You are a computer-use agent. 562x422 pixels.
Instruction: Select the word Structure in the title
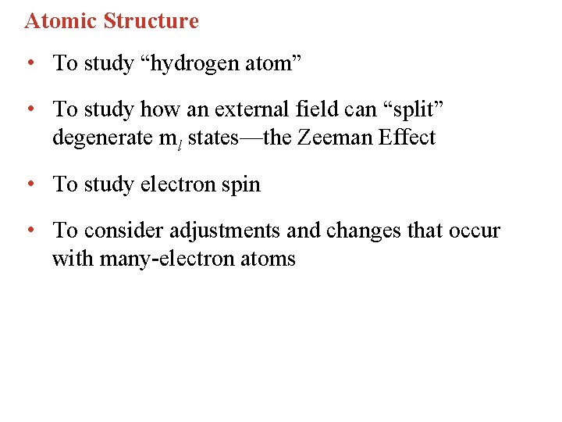(x=151, y=21)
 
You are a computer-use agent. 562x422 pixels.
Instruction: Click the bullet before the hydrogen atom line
(x=29, y=63)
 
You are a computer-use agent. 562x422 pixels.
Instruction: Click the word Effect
(x=406, y=138)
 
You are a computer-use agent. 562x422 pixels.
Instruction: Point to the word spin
(x=240, y=184)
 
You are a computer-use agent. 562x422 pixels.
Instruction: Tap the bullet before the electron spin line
(x=29, y=184)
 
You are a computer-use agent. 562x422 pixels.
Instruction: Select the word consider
(x=118, y=231)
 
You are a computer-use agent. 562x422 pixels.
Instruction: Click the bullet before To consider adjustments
(x=29, y=231)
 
